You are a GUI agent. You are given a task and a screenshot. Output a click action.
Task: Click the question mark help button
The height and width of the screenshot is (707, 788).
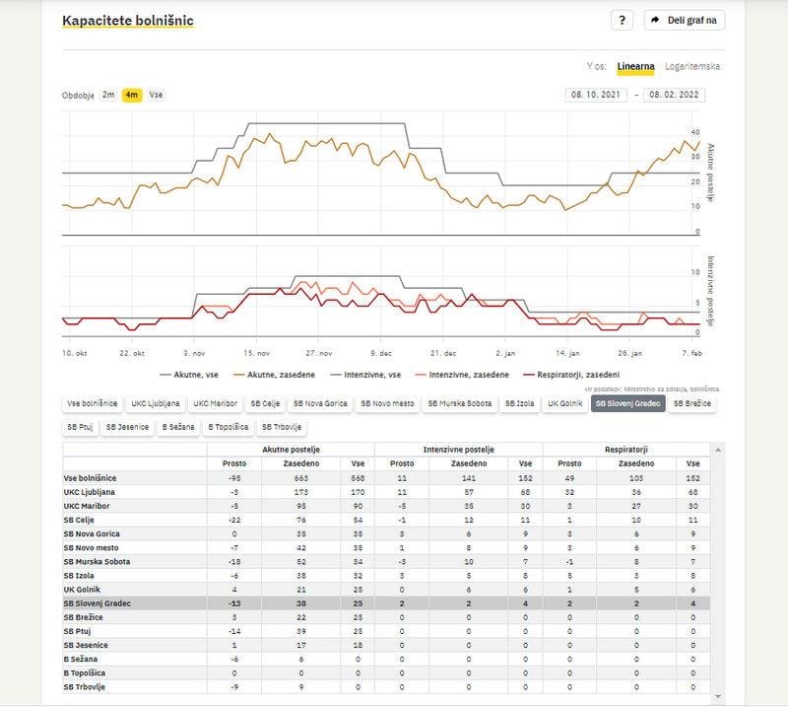(622, 21)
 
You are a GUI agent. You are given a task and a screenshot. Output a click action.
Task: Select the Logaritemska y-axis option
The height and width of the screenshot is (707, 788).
(692, 67)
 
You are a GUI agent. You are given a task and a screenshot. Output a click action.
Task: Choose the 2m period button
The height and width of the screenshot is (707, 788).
(108, 95)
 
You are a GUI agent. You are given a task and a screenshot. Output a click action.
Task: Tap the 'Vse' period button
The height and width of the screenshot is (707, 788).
(156, 95)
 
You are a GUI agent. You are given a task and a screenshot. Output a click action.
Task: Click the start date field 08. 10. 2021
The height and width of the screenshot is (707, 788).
(596, 96)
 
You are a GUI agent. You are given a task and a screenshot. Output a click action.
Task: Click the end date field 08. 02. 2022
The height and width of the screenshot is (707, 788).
(675, 96)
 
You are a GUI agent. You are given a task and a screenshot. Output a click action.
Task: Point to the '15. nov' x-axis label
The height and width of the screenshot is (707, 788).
(257, 352)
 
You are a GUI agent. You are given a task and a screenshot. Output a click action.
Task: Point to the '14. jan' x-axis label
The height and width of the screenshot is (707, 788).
(566, 352)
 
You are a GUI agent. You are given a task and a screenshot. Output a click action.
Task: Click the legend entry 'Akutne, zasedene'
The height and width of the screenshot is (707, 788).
(281, 375)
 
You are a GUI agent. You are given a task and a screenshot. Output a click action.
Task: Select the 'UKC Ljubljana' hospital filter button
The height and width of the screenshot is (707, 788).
(156, 403)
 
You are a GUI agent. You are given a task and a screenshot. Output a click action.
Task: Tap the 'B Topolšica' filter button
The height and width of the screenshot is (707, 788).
(228, 427)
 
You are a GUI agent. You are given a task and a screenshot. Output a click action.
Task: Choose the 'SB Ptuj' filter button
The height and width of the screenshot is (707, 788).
(80, 427)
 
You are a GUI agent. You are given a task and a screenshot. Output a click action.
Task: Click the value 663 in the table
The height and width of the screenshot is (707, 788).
(300, 477)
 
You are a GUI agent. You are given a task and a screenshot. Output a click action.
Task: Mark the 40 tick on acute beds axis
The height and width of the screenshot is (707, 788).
(696, 132)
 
